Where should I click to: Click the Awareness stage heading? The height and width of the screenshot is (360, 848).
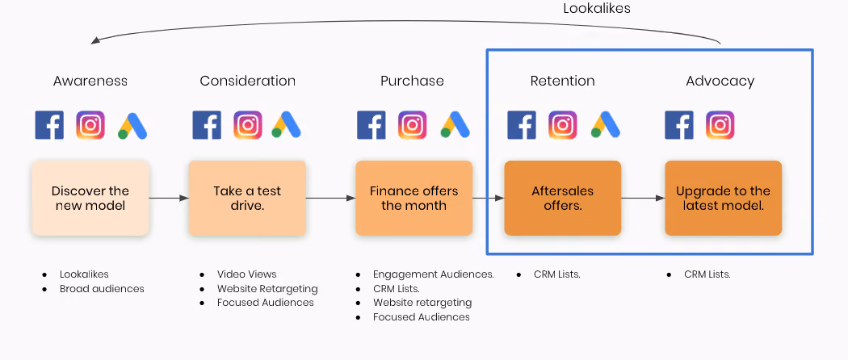[90, 81]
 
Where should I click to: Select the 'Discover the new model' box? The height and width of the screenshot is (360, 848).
[90, 198]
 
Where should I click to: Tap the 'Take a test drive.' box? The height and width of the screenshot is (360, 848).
[247, 198]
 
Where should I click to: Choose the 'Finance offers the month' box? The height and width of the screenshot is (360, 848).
[414, 198]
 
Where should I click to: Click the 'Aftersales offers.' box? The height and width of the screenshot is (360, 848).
[562, 198]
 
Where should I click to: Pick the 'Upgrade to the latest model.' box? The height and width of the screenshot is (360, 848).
[723, 198]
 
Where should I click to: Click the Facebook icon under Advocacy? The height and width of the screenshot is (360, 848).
[678, 125]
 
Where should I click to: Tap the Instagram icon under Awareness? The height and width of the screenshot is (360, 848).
[90, 125]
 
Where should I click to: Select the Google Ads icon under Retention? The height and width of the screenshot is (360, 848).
[606, 125]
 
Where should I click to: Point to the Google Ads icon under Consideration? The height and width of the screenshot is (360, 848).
[286, 125]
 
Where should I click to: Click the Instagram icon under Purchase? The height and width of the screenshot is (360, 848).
[413, 125]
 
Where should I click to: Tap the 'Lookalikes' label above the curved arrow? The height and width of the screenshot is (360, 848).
[597, 9]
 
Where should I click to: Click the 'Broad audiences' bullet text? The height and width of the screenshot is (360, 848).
[102, 289]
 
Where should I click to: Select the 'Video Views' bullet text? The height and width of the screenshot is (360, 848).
[246, 274]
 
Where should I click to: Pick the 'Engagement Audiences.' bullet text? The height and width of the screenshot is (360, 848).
[433, 274]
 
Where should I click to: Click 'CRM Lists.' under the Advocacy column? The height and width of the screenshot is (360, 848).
[707, 274]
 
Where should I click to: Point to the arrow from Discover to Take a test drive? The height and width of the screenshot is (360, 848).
[169, 199]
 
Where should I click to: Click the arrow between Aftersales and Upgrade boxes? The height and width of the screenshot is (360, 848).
[643, 199]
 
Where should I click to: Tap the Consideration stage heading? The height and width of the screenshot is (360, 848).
[247, 81]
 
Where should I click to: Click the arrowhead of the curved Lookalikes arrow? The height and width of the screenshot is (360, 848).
[94, 40]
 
